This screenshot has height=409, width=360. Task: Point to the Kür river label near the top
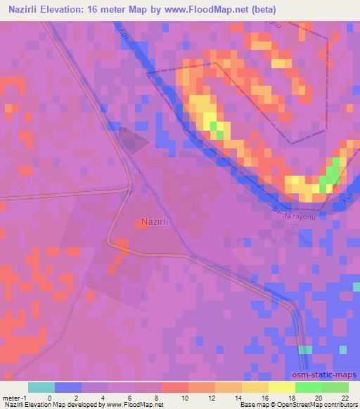[x=125, y=33]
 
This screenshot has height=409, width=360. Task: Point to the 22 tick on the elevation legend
[x=345, y=398]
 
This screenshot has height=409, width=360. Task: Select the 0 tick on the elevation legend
[x=49, y=398]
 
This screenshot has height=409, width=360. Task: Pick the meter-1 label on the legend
[x=15, y=398]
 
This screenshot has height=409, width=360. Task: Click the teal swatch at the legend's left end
[x=41, y=387]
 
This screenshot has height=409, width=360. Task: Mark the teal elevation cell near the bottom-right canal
[x=305, y=350]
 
